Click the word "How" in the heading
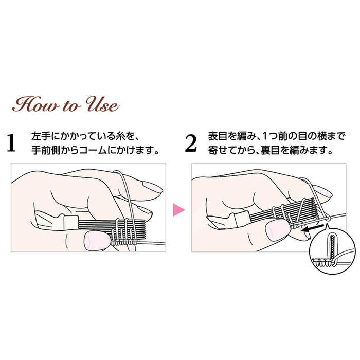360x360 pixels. pos(35,105)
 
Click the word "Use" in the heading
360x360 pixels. pos(102,105)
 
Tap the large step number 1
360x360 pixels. pos(11,143)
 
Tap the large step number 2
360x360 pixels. pos(191,143)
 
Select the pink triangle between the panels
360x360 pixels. pos(178,210)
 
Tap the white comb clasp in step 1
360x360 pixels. pos(71,222)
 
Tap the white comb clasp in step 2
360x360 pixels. pos(242,219)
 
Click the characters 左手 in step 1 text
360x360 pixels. pos(41,136)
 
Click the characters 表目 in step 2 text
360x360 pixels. pos(218,136)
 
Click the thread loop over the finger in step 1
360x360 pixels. pos(128,195)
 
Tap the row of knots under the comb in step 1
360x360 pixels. pos(124,242)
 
